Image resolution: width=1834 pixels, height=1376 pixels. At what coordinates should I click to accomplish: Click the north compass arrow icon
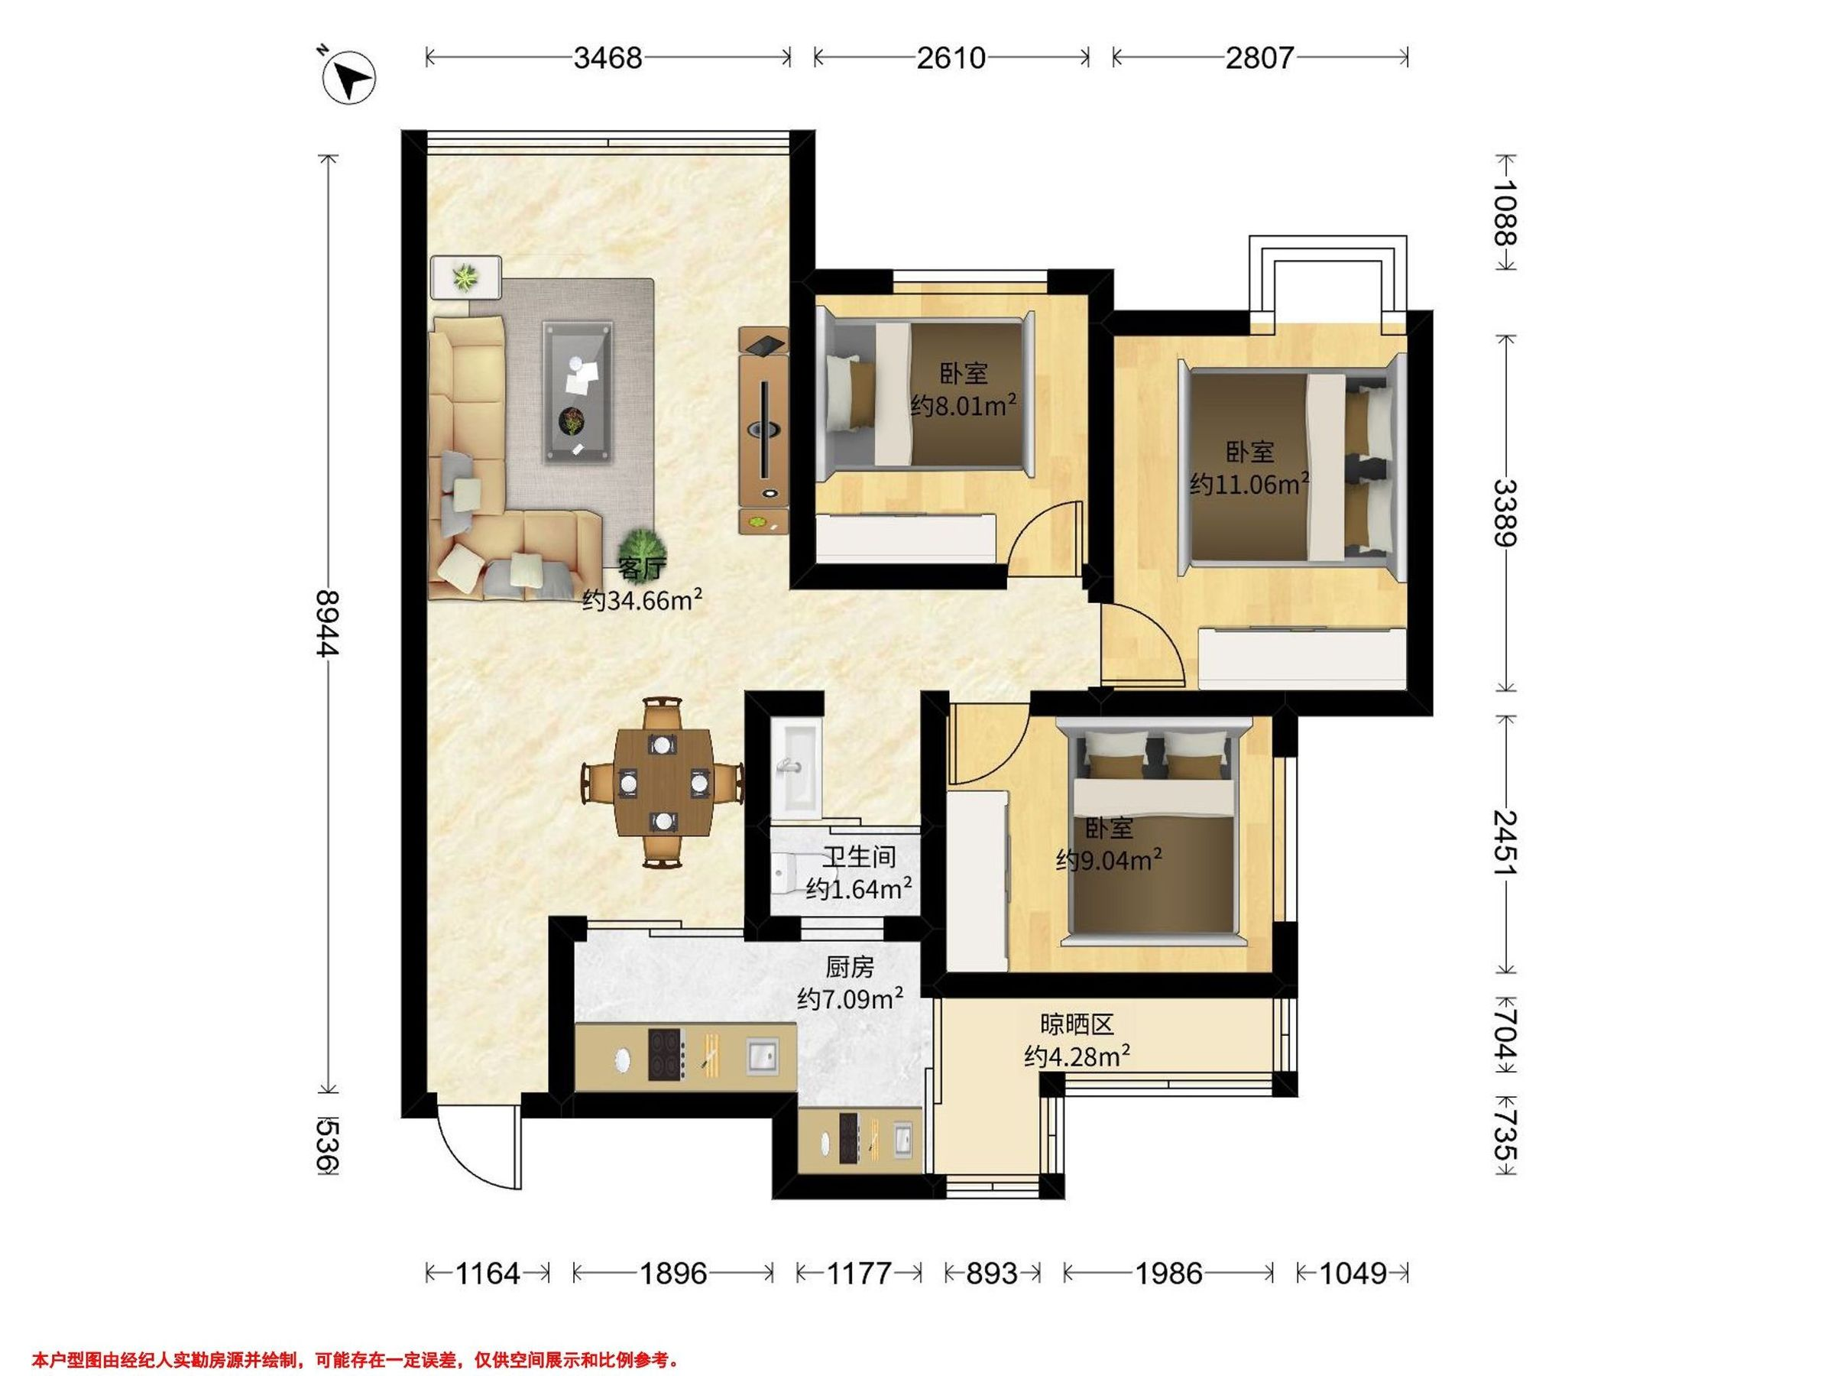tap(350, 76)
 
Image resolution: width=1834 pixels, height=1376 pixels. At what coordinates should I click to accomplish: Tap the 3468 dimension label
tap(608, 58)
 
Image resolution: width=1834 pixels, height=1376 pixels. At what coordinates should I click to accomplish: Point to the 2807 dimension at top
tap(1259, 58)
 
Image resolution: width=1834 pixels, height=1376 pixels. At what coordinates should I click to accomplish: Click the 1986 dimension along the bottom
tap(1169, 1272)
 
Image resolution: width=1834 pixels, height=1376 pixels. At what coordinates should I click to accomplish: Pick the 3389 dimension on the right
tap(1505, 513)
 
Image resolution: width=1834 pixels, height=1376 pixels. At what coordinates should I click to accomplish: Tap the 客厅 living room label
tap(643, 569)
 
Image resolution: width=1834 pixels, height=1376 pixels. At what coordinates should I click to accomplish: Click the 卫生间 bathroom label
tap(860, 856)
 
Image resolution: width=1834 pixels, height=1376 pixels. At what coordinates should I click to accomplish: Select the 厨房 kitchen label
tap(850, 967)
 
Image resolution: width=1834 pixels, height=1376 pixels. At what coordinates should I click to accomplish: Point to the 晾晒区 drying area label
tap(1077, 1025)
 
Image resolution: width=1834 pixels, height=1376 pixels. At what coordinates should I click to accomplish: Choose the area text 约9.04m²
tap(1109, 860)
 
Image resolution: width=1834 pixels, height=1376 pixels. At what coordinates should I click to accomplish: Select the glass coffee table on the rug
tap(578, 391)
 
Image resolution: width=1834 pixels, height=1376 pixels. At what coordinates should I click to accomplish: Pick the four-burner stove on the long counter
tap(666, 1054)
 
